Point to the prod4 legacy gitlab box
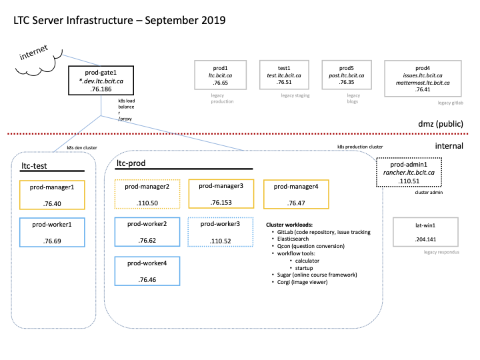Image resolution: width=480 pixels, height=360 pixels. (x=423, y=79)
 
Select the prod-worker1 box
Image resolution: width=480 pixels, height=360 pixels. (x=52, y=232)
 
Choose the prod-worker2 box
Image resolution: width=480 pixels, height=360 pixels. (x=147, y=232)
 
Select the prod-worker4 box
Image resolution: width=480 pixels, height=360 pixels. (x=147, y=272)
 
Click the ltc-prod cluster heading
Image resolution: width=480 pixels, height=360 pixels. (x=131, y=163)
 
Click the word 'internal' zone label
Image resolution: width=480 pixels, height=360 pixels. (x=449, y=146)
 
